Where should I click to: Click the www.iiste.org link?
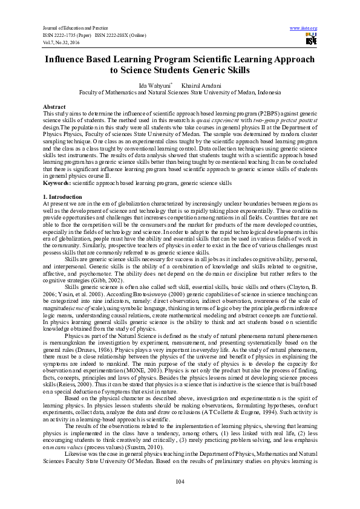(x=304, y=28)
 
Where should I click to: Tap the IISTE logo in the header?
(x=311, y=39)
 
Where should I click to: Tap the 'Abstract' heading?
(x=54, y=106)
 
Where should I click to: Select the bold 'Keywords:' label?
(x=57, y=181)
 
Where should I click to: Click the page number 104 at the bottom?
(x=180, y=481)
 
